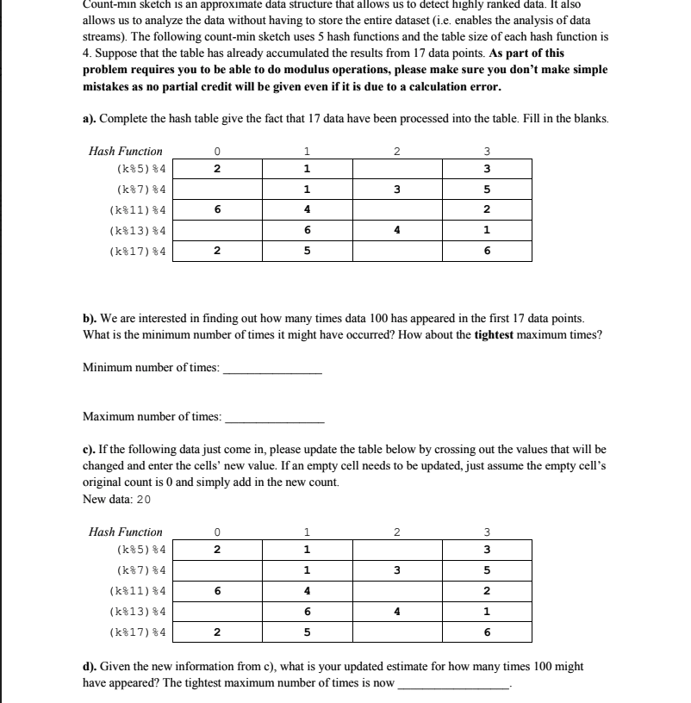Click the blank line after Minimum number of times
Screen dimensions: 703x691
pos(272,370)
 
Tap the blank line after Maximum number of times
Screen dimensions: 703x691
pos(274,420)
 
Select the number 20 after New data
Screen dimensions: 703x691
pos(144,500)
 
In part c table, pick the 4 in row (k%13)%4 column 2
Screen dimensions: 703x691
pos(397,612)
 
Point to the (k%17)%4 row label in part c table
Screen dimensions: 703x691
pos(138,632)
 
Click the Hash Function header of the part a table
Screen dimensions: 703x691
pos(126,151)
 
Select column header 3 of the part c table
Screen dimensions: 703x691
pos(487,532)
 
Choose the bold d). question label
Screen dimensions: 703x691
pos(90,667)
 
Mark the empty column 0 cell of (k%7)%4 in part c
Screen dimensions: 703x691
pos(217,570)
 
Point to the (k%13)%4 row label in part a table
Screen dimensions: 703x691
pos(138,231)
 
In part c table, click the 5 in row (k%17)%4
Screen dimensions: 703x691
pos(308,632)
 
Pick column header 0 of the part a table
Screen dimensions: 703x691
pos(217,151)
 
